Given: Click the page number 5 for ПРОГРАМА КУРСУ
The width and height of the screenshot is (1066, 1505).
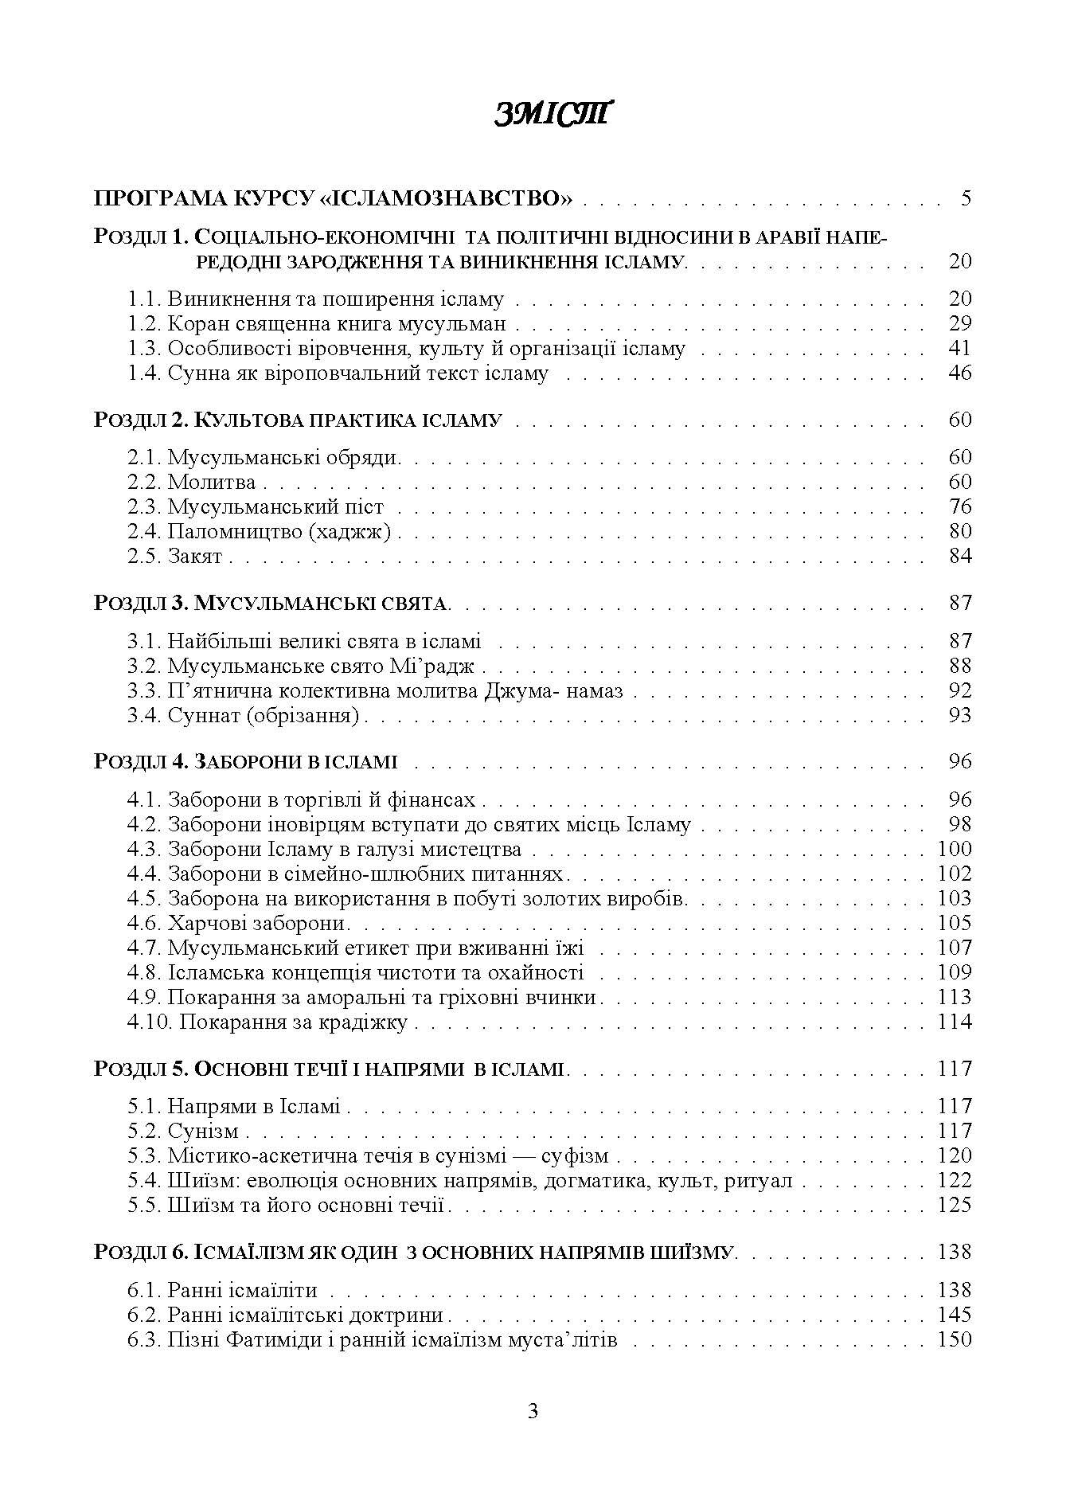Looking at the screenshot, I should (966, 198).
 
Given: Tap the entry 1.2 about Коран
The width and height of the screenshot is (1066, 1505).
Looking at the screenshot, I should (317, 324).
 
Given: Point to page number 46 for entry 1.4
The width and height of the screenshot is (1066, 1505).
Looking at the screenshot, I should (960, 373).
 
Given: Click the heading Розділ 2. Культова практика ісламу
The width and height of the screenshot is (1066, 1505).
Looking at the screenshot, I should (298, 420).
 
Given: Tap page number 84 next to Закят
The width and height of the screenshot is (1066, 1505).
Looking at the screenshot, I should (960, 557).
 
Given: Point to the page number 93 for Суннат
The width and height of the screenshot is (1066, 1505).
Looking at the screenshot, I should (960, 716).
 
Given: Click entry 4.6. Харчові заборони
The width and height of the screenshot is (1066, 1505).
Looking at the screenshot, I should (238, 924).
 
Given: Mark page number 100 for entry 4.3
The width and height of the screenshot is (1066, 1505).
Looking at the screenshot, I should (955, 850).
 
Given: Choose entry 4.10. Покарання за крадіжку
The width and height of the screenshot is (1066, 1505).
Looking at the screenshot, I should (267, 1022).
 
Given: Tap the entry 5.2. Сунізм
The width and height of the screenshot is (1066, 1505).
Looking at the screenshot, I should (183, 1132).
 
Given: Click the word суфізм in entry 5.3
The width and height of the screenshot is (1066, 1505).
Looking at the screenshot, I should (575, 1156).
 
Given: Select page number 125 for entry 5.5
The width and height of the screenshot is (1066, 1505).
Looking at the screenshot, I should (955, 1206).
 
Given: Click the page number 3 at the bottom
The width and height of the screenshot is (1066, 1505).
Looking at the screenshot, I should (533, 1413).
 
